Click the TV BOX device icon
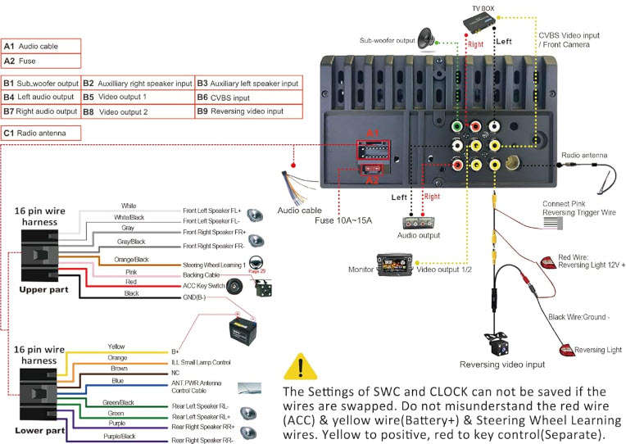pos(483,24)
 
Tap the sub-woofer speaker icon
pos(427,38)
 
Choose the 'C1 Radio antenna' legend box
pos(42,132)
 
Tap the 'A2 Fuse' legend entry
pos(42,61)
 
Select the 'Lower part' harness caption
pos(41,429)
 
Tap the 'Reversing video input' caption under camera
pos(501,365)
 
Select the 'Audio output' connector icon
pos(421,222)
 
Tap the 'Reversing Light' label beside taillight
pos(597,350)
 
